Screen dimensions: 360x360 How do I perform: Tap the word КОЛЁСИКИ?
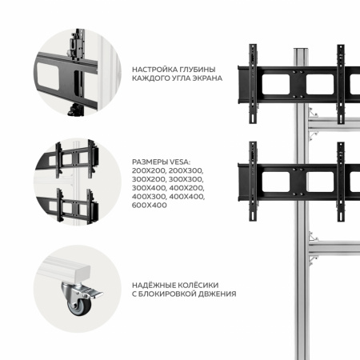tap(202, 285)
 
